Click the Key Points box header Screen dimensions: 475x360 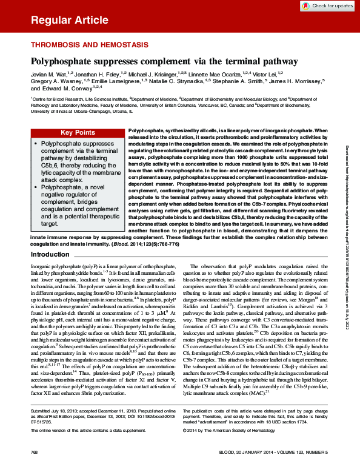pyautogui.click(x=78, y=133)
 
